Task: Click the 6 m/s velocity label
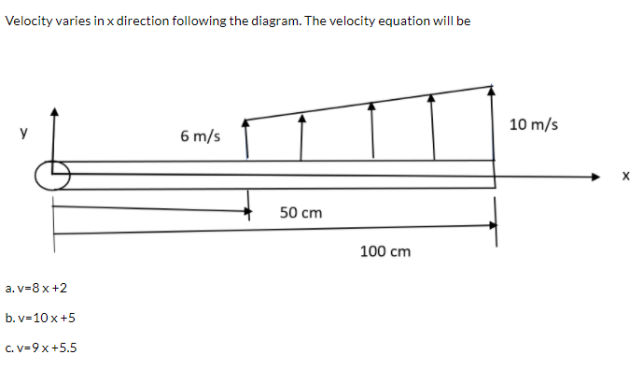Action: click(x=201, y=136)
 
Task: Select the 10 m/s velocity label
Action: click(x=534, y=124)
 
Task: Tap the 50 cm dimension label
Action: click(x=301, y=213)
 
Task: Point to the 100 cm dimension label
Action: click(x=385, y=251)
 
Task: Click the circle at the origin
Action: click(x=54, y=175)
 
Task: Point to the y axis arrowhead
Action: click(x=54, y=111)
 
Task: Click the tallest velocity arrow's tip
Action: click(x=493, y=89)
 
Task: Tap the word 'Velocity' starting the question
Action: click(x=28, y=21)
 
